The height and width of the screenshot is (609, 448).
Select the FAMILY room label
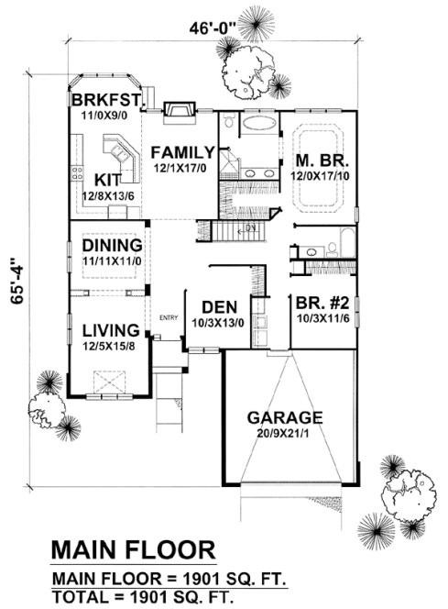(x=183, y=151)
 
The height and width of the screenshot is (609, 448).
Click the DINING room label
(x=111, y=246)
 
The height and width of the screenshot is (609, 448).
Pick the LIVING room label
(x=110, y=329)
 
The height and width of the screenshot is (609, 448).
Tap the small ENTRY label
(x=169, y=318)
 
